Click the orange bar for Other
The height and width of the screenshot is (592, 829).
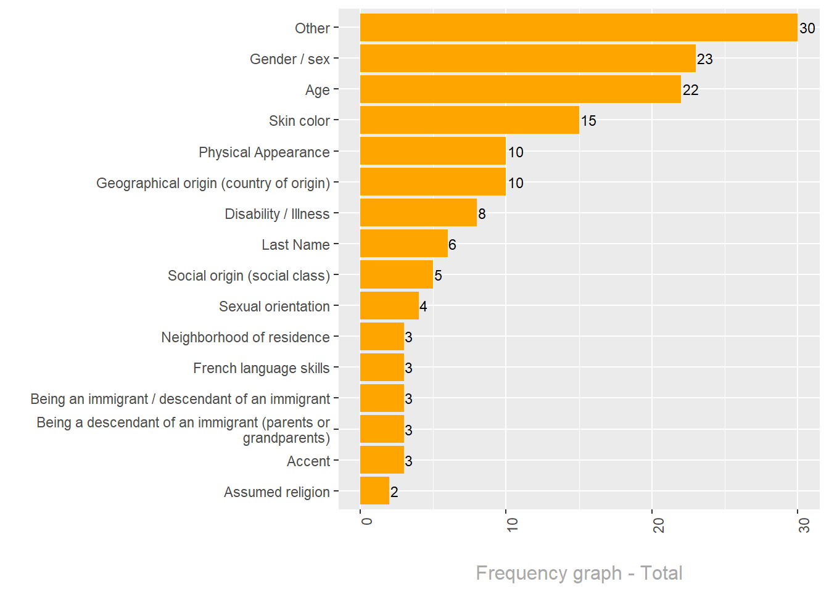(x=579, y=28)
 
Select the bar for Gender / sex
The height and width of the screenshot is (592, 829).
(x=527, y=59)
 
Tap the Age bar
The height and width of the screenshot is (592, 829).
(x=520, y=89)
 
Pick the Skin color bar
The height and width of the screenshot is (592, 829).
(x=469, y=120)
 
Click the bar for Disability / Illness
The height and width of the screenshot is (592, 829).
(x=418, y=213)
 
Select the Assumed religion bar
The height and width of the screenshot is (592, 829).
(x=374, y=491)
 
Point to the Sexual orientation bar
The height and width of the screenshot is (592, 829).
(x=389, y=306)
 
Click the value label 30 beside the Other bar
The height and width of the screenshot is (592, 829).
(x=807, y=28)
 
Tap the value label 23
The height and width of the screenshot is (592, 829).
(x=704, y=59)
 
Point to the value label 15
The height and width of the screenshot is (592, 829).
(x=588, y=121)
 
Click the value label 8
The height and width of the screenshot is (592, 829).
(x=482, y=214)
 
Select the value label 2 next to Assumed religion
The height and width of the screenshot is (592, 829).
(x=394, y=492)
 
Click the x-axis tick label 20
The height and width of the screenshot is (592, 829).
(x=659, y=525)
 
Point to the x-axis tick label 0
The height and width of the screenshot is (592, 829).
(x=367, y=521)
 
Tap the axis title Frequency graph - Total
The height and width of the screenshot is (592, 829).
(x=579, y=573)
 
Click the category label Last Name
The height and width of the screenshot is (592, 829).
(x=295, y=245)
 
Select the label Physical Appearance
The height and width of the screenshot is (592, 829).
(x=264, y=152)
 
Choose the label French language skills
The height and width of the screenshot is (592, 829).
(x=262, y=368)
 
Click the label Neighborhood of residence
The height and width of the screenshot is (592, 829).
(x=245, y=337)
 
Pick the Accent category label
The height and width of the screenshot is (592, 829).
(x=308, y=461)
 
